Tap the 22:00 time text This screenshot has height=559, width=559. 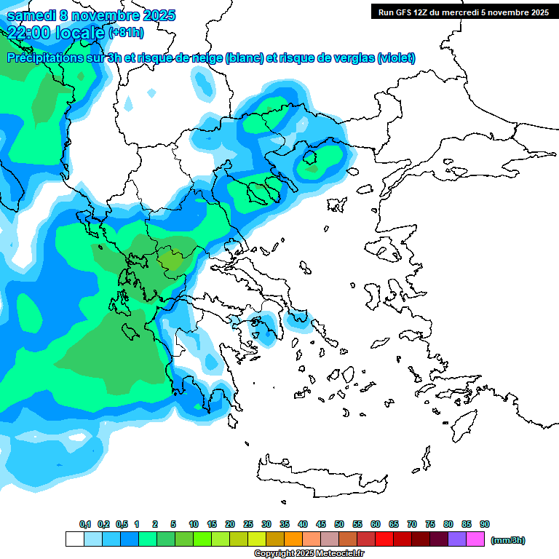28,31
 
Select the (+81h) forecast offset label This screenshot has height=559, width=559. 126,32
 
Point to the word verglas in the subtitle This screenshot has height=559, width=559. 352,58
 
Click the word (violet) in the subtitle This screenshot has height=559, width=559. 397,58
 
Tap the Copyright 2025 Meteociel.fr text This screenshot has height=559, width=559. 309,554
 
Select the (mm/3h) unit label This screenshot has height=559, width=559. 508,540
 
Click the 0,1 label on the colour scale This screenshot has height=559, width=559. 84,525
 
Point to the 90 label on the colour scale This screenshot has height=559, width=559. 485,525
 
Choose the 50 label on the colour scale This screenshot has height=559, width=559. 339,525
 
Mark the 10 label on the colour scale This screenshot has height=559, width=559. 194,525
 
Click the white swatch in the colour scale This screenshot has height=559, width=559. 75,539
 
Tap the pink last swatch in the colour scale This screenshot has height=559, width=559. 475,539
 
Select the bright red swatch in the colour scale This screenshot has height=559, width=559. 384,539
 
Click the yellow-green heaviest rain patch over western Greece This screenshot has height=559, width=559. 172,259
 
